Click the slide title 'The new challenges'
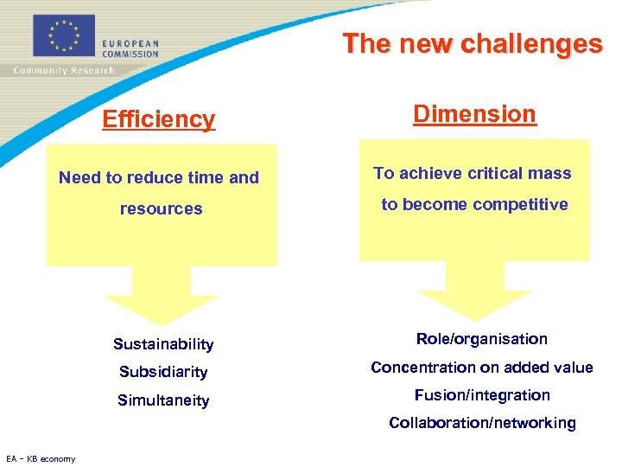(x=472, y=43)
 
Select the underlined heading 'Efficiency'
(x=158, y=118)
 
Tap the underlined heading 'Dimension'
(x=474, y=113)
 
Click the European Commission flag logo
(x=63, y=36)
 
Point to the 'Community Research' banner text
(x=63, y=70)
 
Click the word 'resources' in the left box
(x=161, y=208)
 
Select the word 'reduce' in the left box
(x=150, y=177)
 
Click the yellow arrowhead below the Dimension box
(x=474, y=303)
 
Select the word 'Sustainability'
(x=163, y=344)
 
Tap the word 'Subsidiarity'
(x=163, y=372)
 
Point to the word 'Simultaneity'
(x=163, y=400)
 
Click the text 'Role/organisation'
(x=481, y=339)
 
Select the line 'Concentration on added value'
(x=481, y=368)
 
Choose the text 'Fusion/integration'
(x=481, y=395)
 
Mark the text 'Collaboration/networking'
(x=481, y=423)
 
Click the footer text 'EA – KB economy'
(x=41, y=458)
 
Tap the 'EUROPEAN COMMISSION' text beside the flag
(x=130, y=48)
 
